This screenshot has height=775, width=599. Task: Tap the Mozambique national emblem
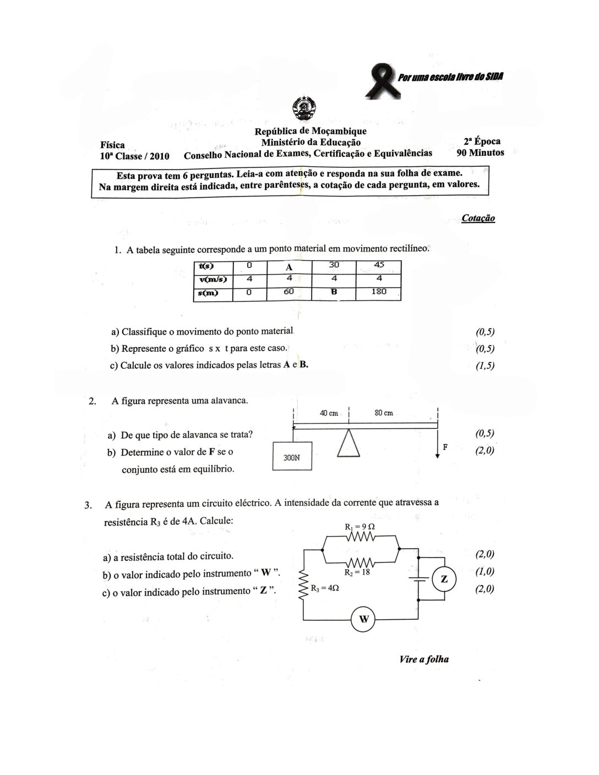tap(302, 109)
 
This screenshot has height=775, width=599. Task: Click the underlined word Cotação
tap(478, 218)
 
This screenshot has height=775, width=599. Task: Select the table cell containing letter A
tap(288, 267)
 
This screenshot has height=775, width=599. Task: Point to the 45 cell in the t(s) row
tap(379, 265)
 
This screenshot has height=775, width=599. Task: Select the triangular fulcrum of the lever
tap(348, 443)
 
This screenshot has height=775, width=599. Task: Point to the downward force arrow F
tap(438, 447)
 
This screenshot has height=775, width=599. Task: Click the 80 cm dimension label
tap(383, 413)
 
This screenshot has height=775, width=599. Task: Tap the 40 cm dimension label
tap(329, 413)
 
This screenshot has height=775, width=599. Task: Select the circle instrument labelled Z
tap(445, 579)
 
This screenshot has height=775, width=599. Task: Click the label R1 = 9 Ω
tap(360, 527)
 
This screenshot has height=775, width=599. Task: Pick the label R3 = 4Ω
tap(325, 588)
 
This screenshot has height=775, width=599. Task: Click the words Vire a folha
tap(424, 659)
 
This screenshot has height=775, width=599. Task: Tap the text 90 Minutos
tap(480, 152)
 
